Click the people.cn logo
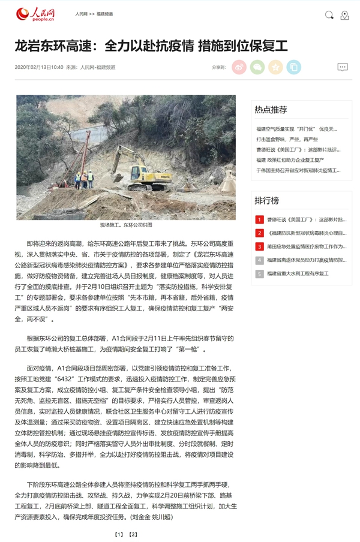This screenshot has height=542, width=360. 35,14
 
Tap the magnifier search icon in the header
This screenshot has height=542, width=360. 329,14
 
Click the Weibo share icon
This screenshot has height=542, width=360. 239,67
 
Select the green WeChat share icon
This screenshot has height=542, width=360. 257,67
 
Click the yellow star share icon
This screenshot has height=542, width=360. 275,67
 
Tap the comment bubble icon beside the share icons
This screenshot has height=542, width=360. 343,67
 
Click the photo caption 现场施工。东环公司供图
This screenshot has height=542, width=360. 126,225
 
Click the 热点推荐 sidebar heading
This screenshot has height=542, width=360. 271,110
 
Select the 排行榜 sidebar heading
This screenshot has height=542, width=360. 266,200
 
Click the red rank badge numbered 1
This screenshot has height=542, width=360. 259,219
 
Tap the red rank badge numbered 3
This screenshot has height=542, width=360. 259,246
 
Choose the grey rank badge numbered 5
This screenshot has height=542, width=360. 259,273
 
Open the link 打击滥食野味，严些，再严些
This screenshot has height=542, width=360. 287,139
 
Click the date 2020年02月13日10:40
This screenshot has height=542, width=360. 39,67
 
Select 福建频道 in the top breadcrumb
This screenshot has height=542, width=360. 104,14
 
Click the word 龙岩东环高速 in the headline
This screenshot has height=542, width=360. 53,46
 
